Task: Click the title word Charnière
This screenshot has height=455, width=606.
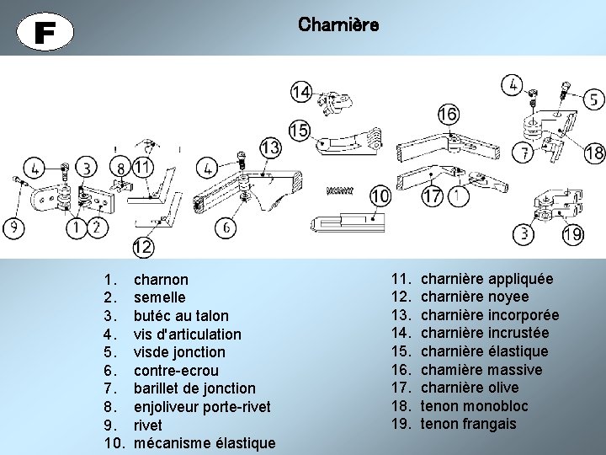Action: tap(338, 25)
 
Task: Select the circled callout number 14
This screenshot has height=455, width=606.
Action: tap(300, 92)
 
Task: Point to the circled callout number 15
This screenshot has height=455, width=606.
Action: tap(299, 131)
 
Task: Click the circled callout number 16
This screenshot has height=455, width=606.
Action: tap(448, 113)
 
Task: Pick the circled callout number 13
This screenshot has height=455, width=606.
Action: tap(269, 148)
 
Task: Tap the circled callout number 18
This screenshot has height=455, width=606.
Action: tap(594, 153)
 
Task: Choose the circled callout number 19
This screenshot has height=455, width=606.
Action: tap(572, 234)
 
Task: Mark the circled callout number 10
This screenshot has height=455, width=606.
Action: tap(380, 196)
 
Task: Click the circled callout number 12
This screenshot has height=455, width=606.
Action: tap(141, 248)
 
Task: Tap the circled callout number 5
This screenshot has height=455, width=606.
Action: tap(593, 99)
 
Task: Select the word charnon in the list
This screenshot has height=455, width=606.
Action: tap(161, 279)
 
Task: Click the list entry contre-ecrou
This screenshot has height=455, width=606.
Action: tap(176, 371)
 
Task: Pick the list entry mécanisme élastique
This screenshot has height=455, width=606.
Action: tap(205, 443)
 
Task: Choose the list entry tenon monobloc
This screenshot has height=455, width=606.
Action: tap(474, 406)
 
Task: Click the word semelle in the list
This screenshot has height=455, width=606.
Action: tap(159, 297)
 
